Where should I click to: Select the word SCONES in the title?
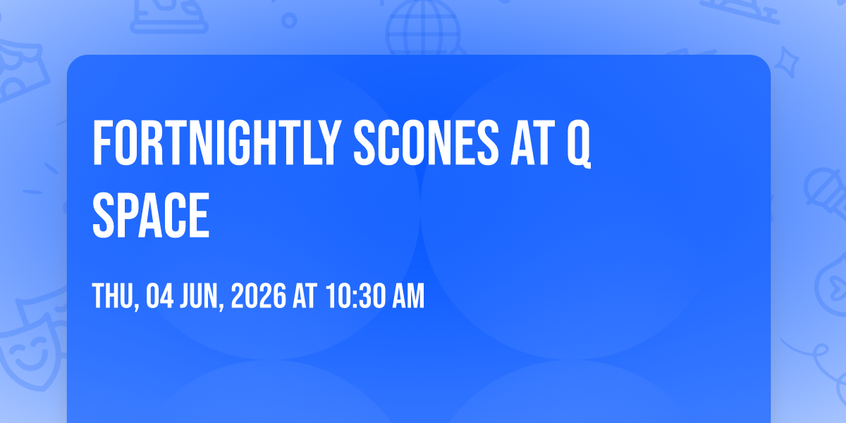[x=426, y=142]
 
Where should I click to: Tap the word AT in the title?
[x=533, y=142]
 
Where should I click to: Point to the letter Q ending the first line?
[x=579, y=144]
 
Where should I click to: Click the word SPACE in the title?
[x=151, y=215]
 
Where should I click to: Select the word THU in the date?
[x=114, y=296]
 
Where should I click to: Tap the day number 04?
[x=160, y=296]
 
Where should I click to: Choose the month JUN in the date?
[x=199, y=296]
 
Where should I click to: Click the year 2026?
[x=258, y=296]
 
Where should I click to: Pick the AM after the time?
[x=408, y=296]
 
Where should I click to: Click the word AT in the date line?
[x=305, y=296]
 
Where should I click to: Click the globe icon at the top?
[x=423, y=27]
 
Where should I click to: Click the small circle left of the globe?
[x=289, y=20]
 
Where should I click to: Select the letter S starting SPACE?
[x=103, y=215]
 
